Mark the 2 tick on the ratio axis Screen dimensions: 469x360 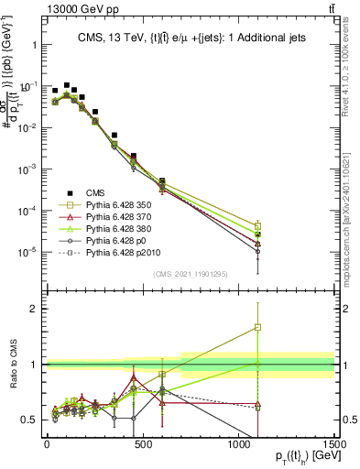[x=35, y=309]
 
